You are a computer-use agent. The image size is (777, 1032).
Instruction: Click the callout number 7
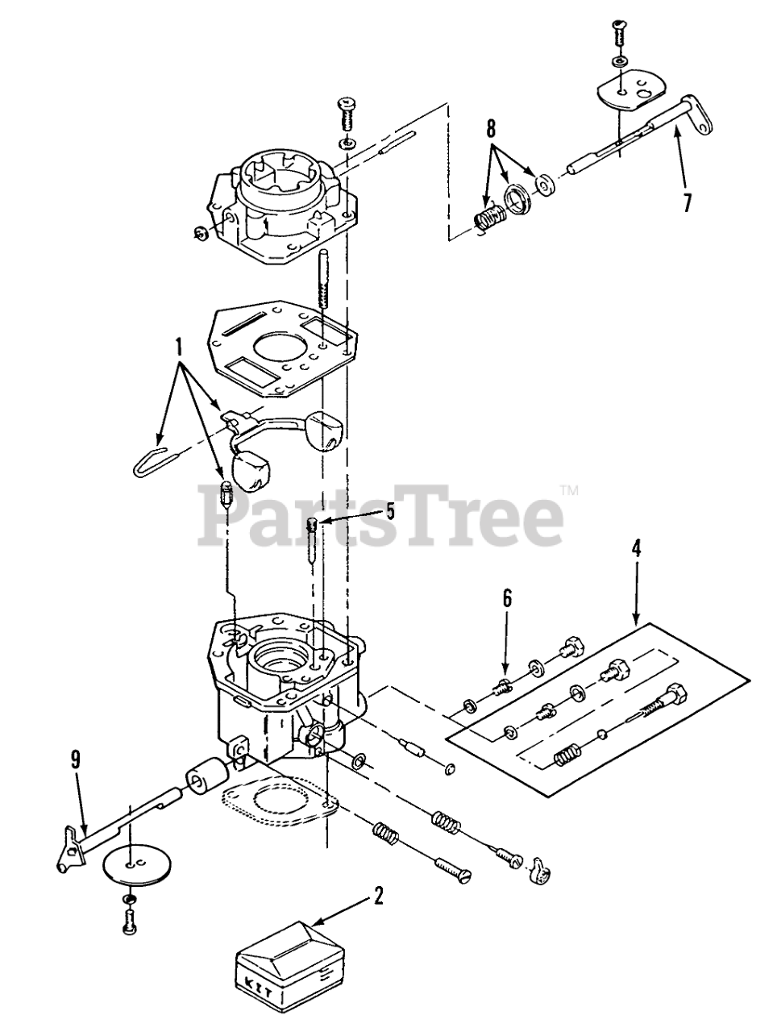click(687, 202)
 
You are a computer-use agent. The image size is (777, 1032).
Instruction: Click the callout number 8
click(491, 128)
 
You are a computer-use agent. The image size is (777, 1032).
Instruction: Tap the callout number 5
click(389, 510)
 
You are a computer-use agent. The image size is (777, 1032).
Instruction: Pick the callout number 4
click(636, 549)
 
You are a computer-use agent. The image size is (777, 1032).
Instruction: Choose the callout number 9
click(75, 758)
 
